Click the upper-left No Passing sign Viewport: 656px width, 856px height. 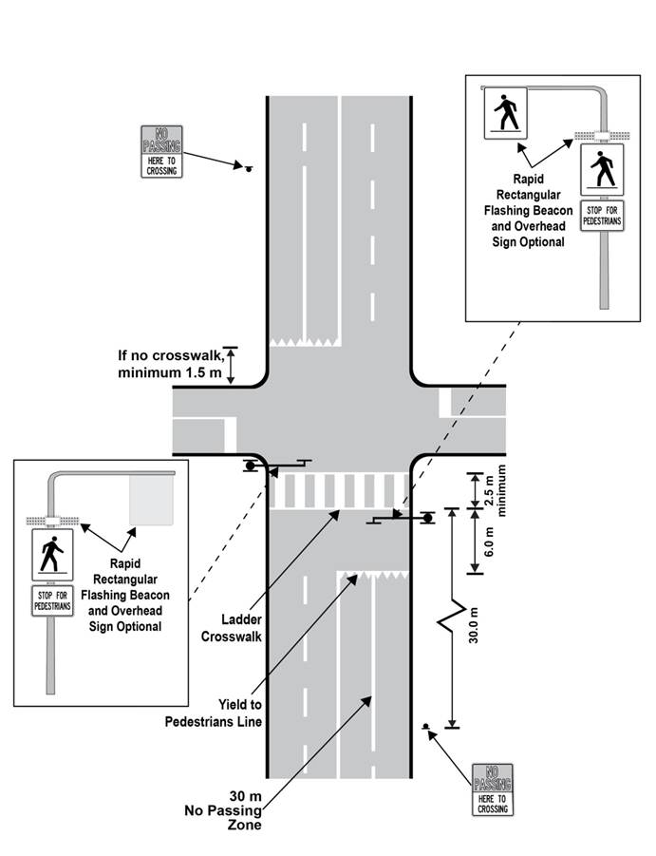click(x=160, y=151)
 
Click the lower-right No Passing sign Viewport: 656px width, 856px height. click(x=493, y=788)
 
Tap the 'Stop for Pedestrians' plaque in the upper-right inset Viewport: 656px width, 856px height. click(x=602, y=216)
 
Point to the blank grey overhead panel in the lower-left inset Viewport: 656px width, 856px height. click(x=152, y=500)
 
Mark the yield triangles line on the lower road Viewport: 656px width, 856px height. click(x=373, y=574)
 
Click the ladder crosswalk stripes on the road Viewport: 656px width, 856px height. click(x=339, y=488)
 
